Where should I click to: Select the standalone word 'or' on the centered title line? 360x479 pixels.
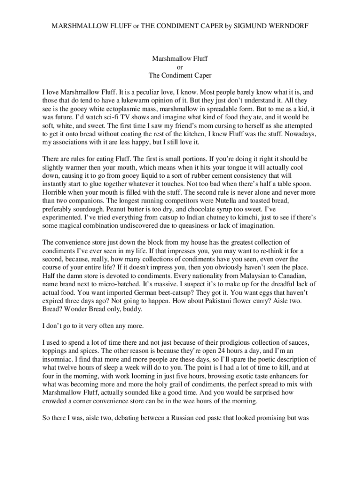tap(180, 67)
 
